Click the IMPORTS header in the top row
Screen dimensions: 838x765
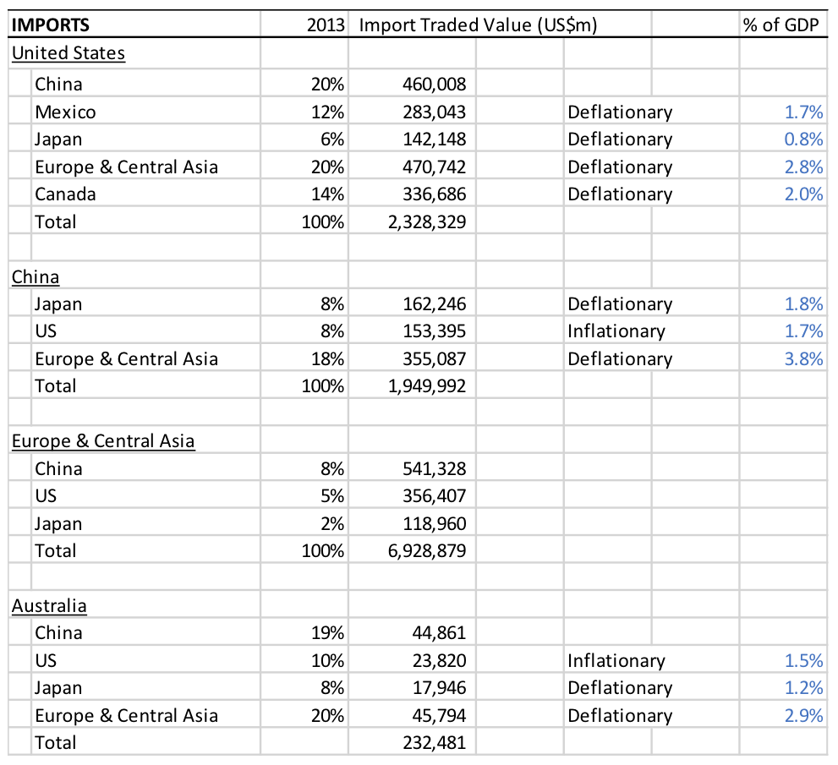[51, 25]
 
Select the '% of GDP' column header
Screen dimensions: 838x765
[780, 25]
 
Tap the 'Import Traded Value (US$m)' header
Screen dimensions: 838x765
[478, 25]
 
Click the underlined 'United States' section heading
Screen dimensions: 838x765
[68, 53]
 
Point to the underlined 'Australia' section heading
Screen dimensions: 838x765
[49, 606]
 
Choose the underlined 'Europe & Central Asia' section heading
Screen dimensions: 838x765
[103, 441]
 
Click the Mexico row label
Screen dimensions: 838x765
[65, 112]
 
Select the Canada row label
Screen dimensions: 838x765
[65, 194]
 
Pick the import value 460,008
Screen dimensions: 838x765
[434, 85]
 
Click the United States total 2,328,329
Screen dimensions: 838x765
[427, 221]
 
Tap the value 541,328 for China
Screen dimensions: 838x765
[434, 469]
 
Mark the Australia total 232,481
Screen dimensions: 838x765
[434, 742]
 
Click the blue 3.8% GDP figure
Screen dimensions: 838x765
[803, 359]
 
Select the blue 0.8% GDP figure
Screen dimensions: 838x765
[803, 139]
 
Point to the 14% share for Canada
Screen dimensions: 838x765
[327, 194]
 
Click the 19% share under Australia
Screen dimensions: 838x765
[327, 633]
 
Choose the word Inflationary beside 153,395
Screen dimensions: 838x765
[616, 331]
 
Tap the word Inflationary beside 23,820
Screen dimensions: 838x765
[616, 661]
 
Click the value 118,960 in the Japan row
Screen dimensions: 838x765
[434, 523]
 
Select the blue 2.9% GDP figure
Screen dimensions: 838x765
[803, 716]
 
